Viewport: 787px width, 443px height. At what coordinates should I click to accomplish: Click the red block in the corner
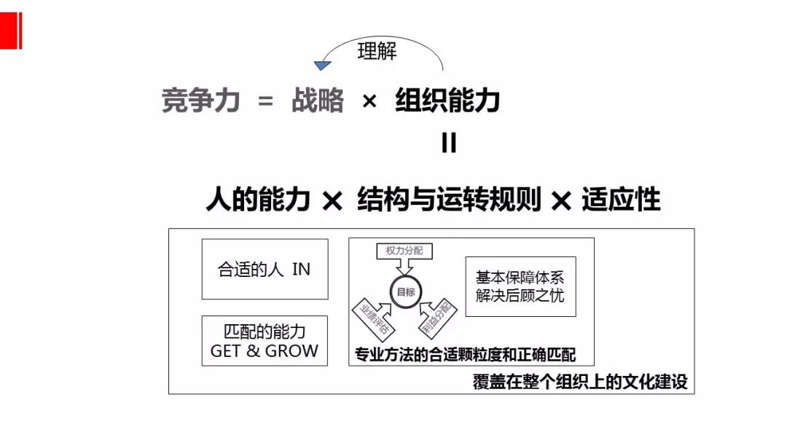(x=10, y=30)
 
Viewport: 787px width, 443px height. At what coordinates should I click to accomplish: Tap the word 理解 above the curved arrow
(x=377, y=52)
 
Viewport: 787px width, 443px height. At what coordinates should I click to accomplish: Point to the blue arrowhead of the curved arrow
(x=321, y=66)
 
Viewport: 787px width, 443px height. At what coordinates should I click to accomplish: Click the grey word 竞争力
(x=200, y=101)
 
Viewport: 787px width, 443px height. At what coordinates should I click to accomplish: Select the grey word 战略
(x=317, y=101)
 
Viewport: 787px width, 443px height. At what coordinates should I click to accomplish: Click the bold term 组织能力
(x=447, y=101)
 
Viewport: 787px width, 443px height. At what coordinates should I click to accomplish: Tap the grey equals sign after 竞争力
(x=265, y=102)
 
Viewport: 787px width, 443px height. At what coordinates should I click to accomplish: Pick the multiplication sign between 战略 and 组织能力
(x=369, y=102)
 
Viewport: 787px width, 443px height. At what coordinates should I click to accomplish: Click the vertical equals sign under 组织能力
(x=449, y=143)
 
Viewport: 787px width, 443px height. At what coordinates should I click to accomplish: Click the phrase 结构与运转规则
(x=449, y=199)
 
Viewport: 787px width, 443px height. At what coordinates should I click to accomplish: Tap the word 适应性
(x=621, y=199)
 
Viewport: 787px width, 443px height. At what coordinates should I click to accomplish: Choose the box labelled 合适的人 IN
(x=265, y=269)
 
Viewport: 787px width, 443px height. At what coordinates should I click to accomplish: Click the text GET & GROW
(x=265, y=350)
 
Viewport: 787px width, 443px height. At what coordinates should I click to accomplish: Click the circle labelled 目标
(x=405, y=291)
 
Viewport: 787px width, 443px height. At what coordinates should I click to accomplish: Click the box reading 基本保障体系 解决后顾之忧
(x=520, y=286)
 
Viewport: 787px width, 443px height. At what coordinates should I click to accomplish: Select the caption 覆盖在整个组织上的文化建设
(x=580, y=382)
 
